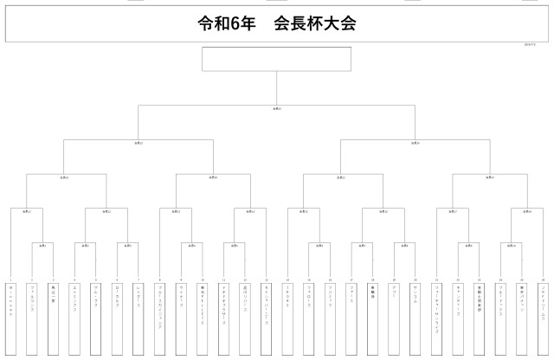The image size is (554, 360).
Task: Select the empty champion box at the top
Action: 276,59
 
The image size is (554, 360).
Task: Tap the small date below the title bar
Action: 531,45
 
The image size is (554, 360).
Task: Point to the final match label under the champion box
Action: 276,109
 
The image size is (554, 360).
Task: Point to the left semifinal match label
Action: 138,143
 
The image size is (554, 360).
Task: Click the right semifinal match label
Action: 415,143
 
